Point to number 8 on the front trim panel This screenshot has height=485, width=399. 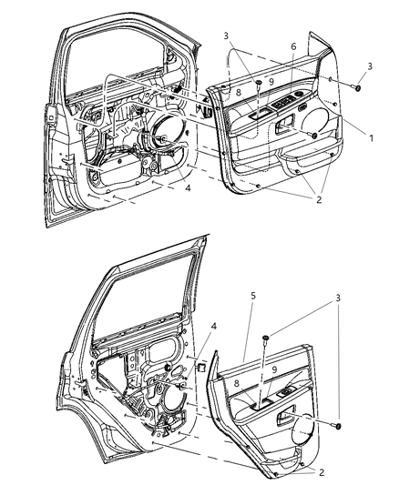pyautogui.click(x=239, y=91)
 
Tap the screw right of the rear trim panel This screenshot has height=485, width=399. pyautogui.click(x=340, y=426)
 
